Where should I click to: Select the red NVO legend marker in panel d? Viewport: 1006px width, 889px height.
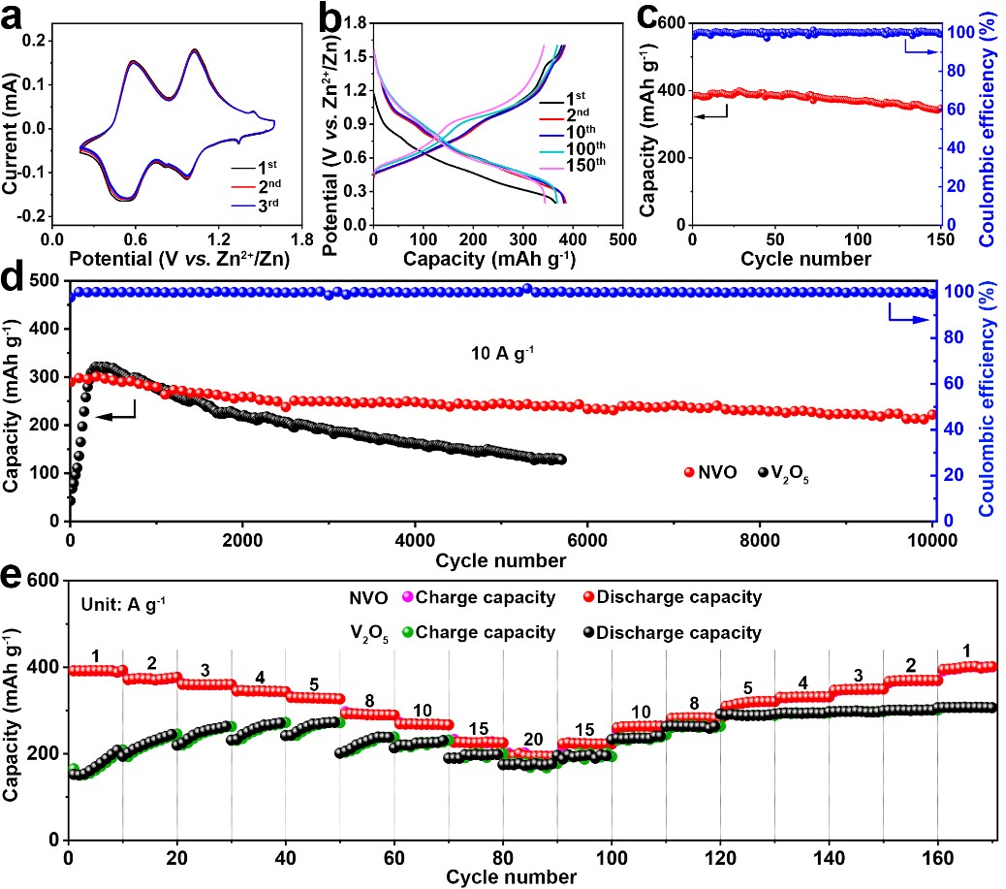pos(690,472)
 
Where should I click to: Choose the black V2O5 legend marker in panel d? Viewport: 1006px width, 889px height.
pos(766,472)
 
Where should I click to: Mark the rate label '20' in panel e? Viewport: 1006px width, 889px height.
pos(533,739)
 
